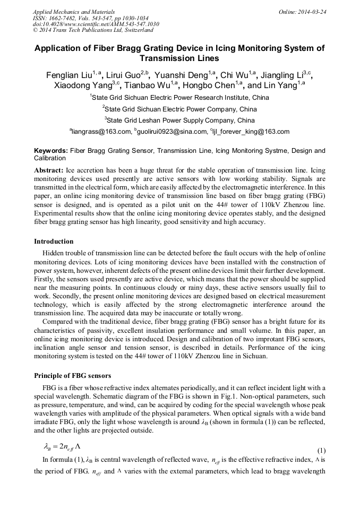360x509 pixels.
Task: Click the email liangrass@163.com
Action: tap(100, 132)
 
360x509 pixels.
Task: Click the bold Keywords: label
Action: tap(51, 151)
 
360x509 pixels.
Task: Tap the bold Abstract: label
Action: tap(49, 171)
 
